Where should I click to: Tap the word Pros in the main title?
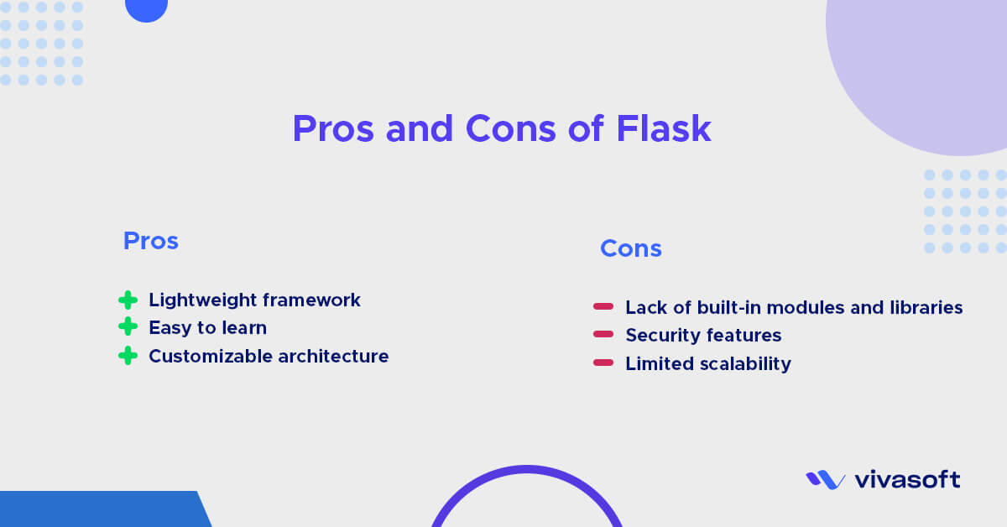(x=333, y=128)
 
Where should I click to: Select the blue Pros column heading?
(x=151, y=241)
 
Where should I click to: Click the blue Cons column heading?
(x=631, y=248)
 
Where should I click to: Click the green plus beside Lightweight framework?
(x=128, y=300)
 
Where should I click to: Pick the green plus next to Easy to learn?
(x=128, y=327)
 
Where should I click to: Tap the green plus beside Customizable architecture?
(x=128, y=356)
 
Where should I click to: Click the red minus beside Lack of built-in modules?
(x=603, y=307)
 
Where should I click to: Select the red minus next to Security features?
(x=603, y=335)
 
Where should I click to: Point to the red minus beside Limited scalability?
(x=603, y=363)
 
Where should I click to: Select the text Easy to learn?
(x=207, y=327)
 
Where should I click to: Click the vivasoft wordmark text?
(x=907, y=480)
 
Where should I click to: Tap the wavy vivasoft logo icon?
(x=825, y=479)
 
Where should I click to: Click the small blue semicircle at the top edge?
(x=146, y=9)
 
